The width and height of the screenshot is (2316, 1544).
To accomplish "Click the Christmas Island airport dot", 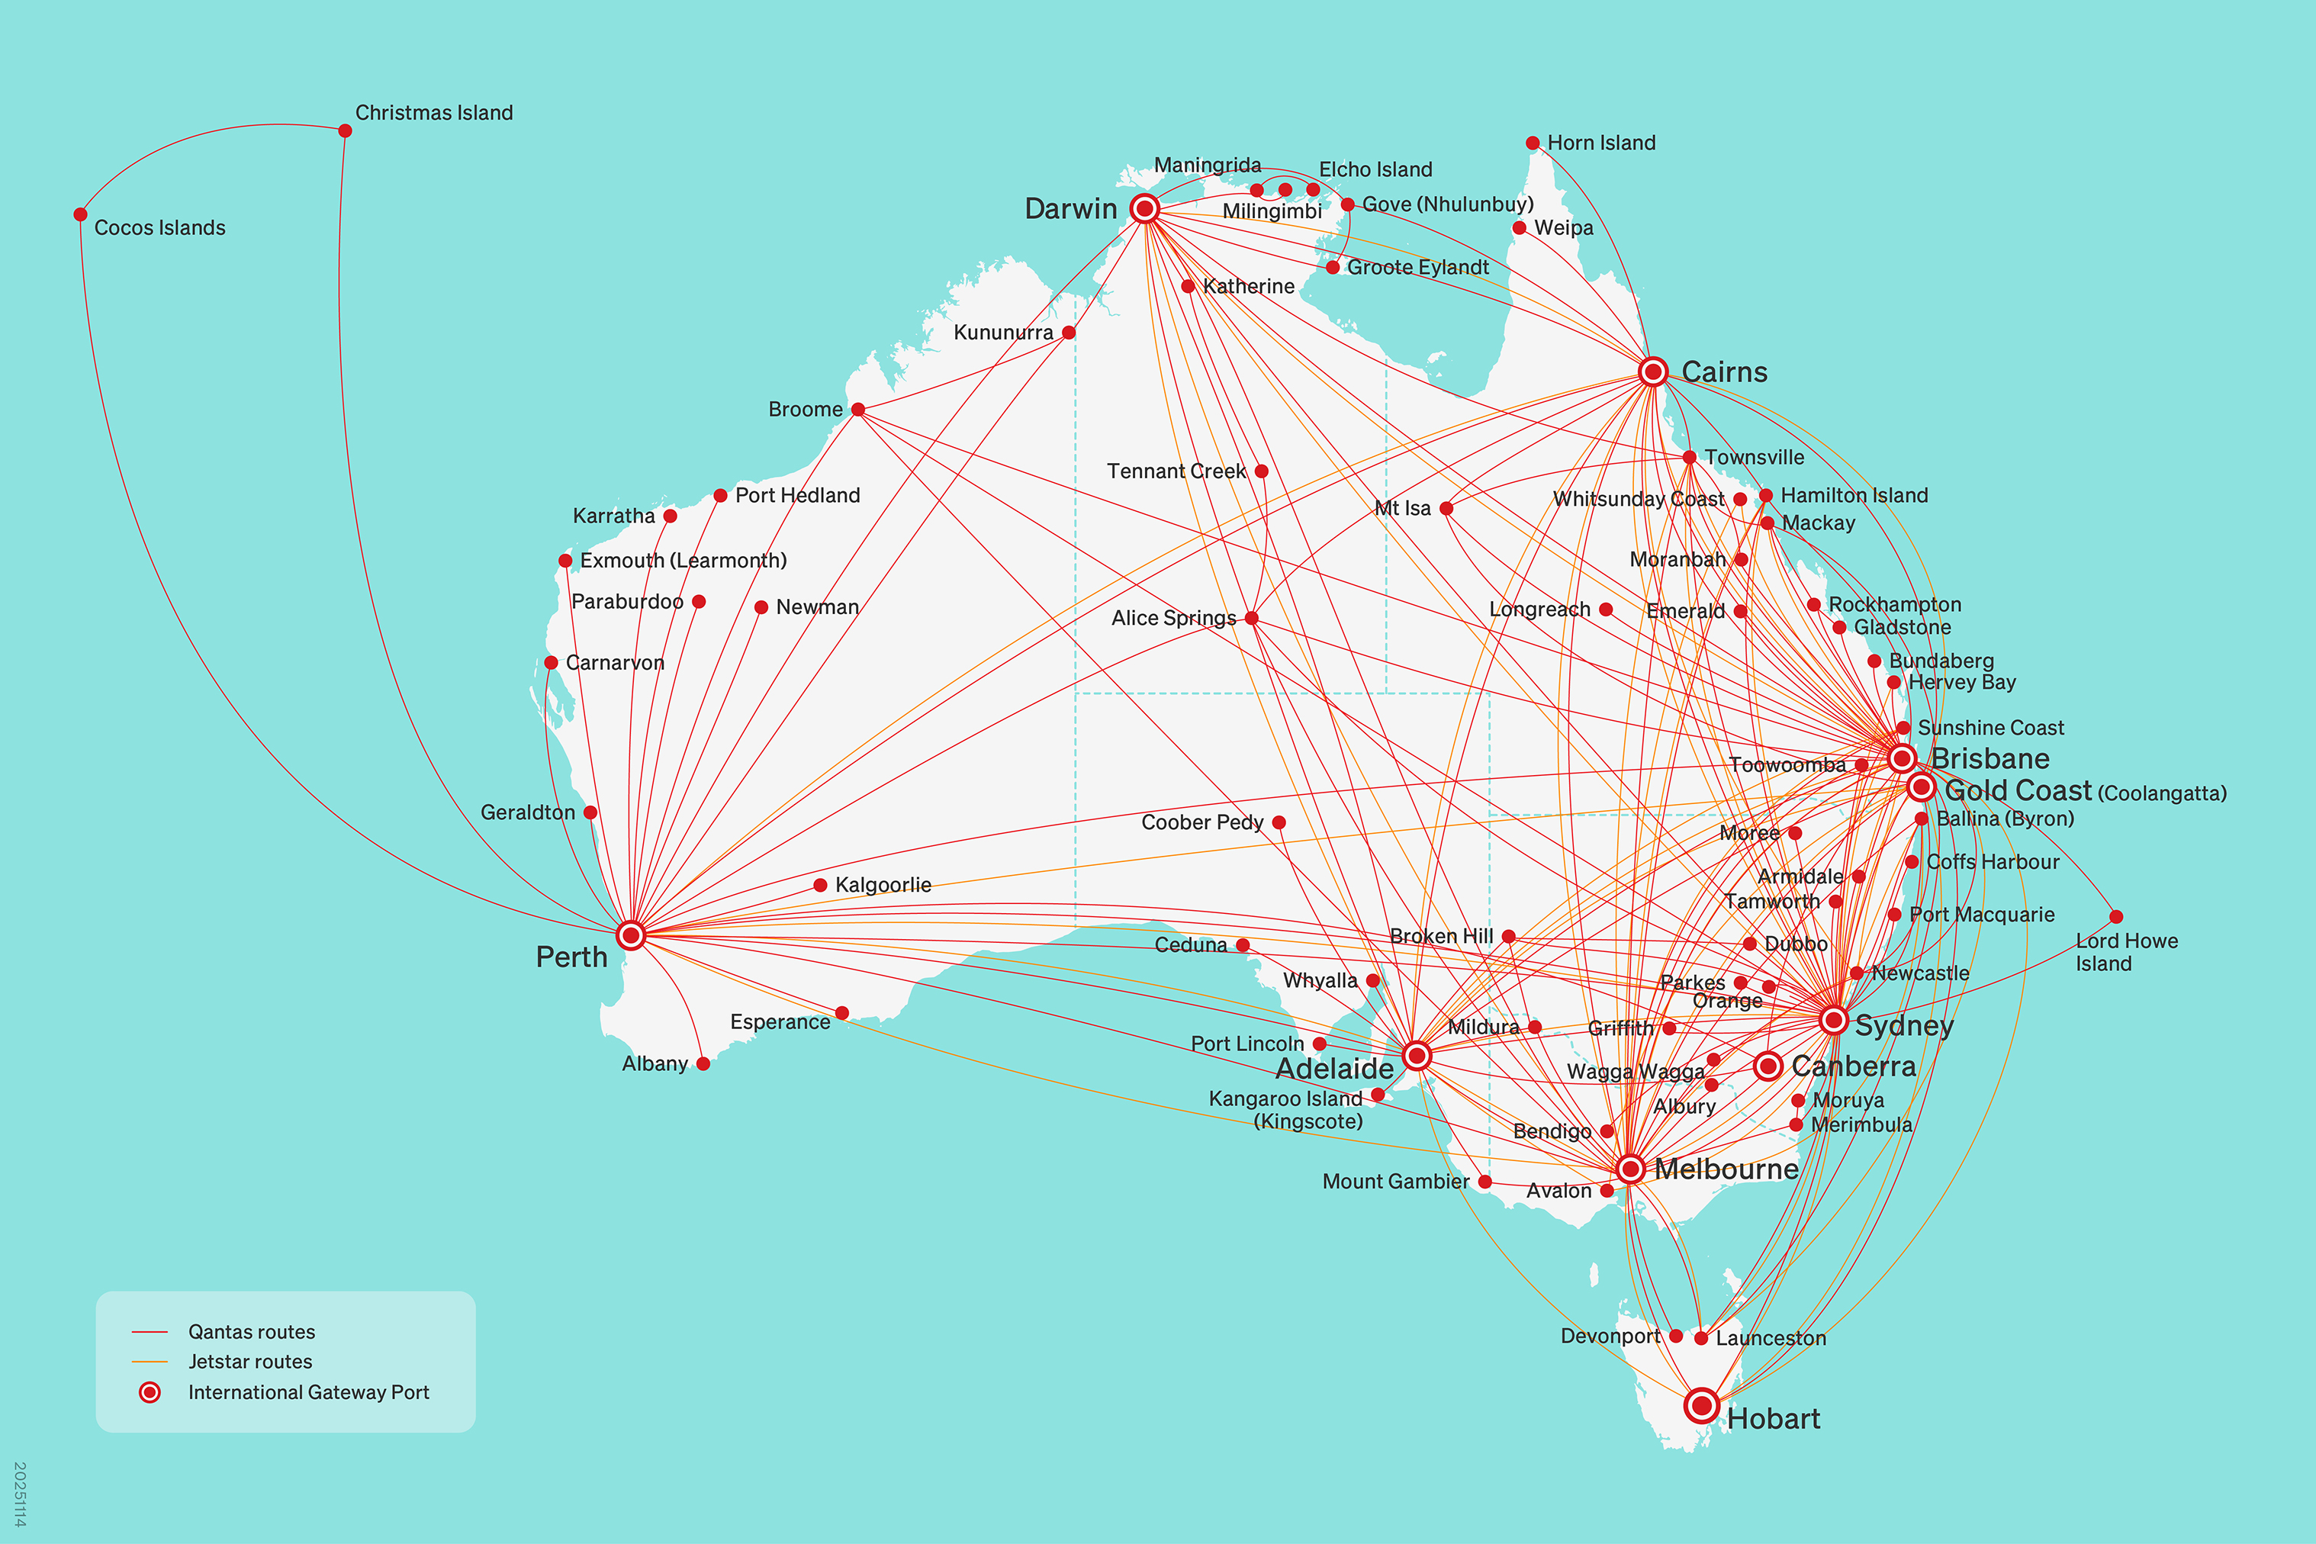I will coord(345,131).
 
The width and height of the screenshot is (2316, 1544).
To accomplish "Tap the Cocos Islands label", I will coord(159,227).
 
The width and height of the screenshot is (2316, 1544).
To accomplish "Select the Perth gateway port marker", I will coord(631,934).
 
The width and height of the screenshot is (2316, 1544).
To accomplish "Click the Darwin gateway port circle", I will coord(1144,209).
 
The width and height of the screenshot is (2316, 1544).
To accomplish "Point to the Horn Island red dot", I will coord(1533,143).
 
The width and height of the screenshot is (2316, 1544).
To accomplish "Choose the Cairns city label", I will coord(1724,372).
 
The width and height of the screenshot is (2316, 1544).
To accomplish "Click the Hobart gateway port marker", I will coord(1702,1405).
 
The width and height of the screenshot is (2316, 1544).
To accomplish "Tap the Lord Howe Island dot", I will coord(2116,917).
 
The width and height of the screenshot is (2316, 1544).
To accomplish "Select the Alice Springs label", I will coord(1174,619).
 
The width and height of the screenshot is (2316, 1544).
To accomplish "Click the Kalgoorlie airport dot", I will coord(820,885).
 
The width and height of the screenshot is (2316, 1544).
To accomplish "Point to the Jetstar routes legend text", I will coord(250,1362).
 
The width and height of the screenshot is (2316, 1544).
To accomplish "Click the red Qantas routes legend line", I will coord(150,1332).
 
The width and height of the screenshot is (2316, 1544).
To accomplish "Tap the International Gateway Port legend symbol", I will coord(150,1392).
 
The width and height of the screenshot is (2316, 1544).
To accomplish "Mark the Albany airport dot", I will coord(703,1063).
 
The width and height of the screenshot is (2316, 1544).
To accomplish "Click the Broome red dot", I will coord(857,410).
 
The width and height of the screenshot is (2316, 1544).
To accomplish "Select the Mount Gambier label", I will coord(1395,1182).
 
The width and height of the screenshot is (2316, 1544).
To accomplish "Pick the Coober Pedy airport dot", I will coord(1278,822).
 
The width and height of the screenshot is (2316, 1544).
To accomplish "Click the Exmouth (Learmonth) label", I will coord(684,560).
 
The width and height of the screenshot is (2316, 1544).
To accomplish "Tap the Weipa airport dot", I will coord(1520,227).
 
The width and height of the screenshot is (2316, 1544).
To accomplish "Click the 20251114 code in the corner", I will coord(20,1494).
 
